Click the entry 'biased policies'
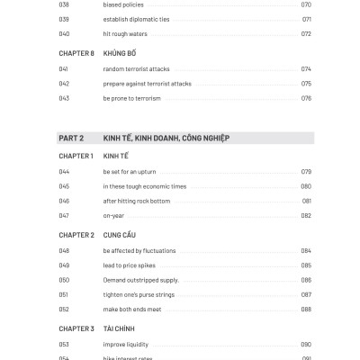tap(124, 4)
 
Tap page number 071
tap(306, 19)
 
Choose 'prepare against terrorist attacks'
tap(147, 83)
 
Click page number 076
tap(306, 97)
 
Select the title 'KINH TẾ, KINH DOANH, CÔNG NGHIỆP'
tap(166, 138)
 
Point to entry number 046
tap(63, 201)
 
